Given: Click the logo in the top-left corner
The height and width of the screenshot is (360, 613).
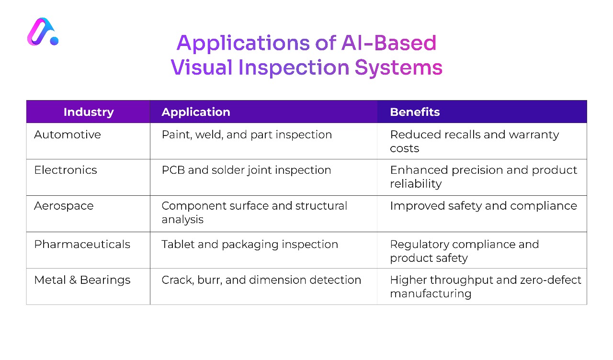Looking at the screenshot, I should pyautogui.click(x=43, y=33).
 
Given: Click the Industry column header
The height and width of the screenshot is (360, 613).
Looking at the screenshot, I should pyautogui.click(x=89, y=112).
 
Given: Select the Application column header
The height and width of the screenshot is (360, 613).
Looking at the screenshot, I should pyautogui.click(x=196, y=112).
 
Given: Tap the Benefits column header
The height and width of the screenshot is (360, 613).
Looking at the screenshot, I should pyautogui.click(x=415, y=112).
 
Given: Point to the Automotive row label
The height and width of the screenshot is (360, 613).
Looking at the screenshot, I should pyautogui.click(x=68, y=135).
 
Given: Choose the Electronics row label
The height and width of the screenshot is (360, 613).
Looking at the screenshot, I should pyautogui.click(x=66, y=170).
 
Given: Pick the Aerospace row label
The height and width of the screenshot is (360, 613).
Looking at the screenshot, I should pyautogui.click(x=64, y=206).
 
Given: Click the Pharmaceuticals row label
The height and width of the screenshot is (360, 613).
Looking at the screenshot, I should pyautogui.click(x=82, y=244).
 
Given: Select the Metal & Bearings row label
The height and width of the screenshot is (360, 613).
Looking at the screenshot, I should pyautogui.click(x=82, y=280).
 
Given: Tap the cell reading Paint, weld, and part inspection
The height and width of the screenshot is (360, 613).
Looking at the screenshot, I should pyautogui.click(x=247, y=135).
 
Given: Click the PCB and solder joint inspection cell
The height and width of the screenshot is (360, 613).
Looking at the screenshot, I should pyautogui.click(x=246, y=170).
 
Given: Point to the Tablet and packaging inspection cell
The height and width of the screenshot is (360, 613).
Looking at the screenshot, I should pyautogui.click(x=250, y=244).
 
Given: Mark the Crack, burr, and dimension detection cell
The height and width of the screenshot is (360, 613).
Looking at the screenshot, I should pyautogui.click(x=261, y=280).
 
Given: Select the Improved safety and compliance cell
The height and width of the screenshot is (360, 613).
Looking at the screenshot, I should pyautogui.click(x=483, y=206).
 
